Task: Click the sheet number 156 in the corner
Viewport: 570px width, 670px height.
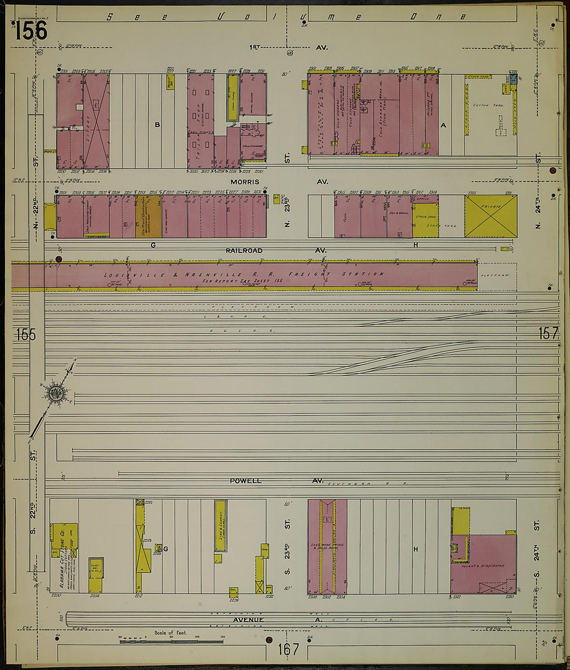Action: point(31,30)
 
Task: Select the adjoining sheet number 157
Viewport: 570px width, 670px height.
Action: point(549,333)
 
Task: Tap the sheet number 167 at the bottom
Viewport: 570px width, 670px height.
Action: point(288,649)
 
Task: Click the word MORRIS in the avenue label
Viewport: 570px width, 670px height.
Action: point(245,182)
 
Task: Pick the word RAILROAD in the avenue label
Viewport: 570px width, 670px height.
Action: point(244,251)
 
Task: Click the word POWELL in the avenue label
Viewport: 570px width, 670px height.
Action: point(246,481)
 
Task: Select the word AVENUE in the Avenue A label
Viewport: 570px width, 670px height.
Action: point(248,620)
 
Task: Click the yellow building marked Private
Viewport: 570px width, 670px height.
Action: point(490,216)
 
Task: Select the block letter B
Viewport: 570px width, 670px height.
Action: point(157,124)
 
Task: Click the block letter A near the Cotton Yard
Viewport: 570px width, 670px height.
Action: point(443,125)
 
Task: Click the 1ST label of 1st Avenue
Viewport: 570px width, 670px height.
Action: point(254,47)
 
